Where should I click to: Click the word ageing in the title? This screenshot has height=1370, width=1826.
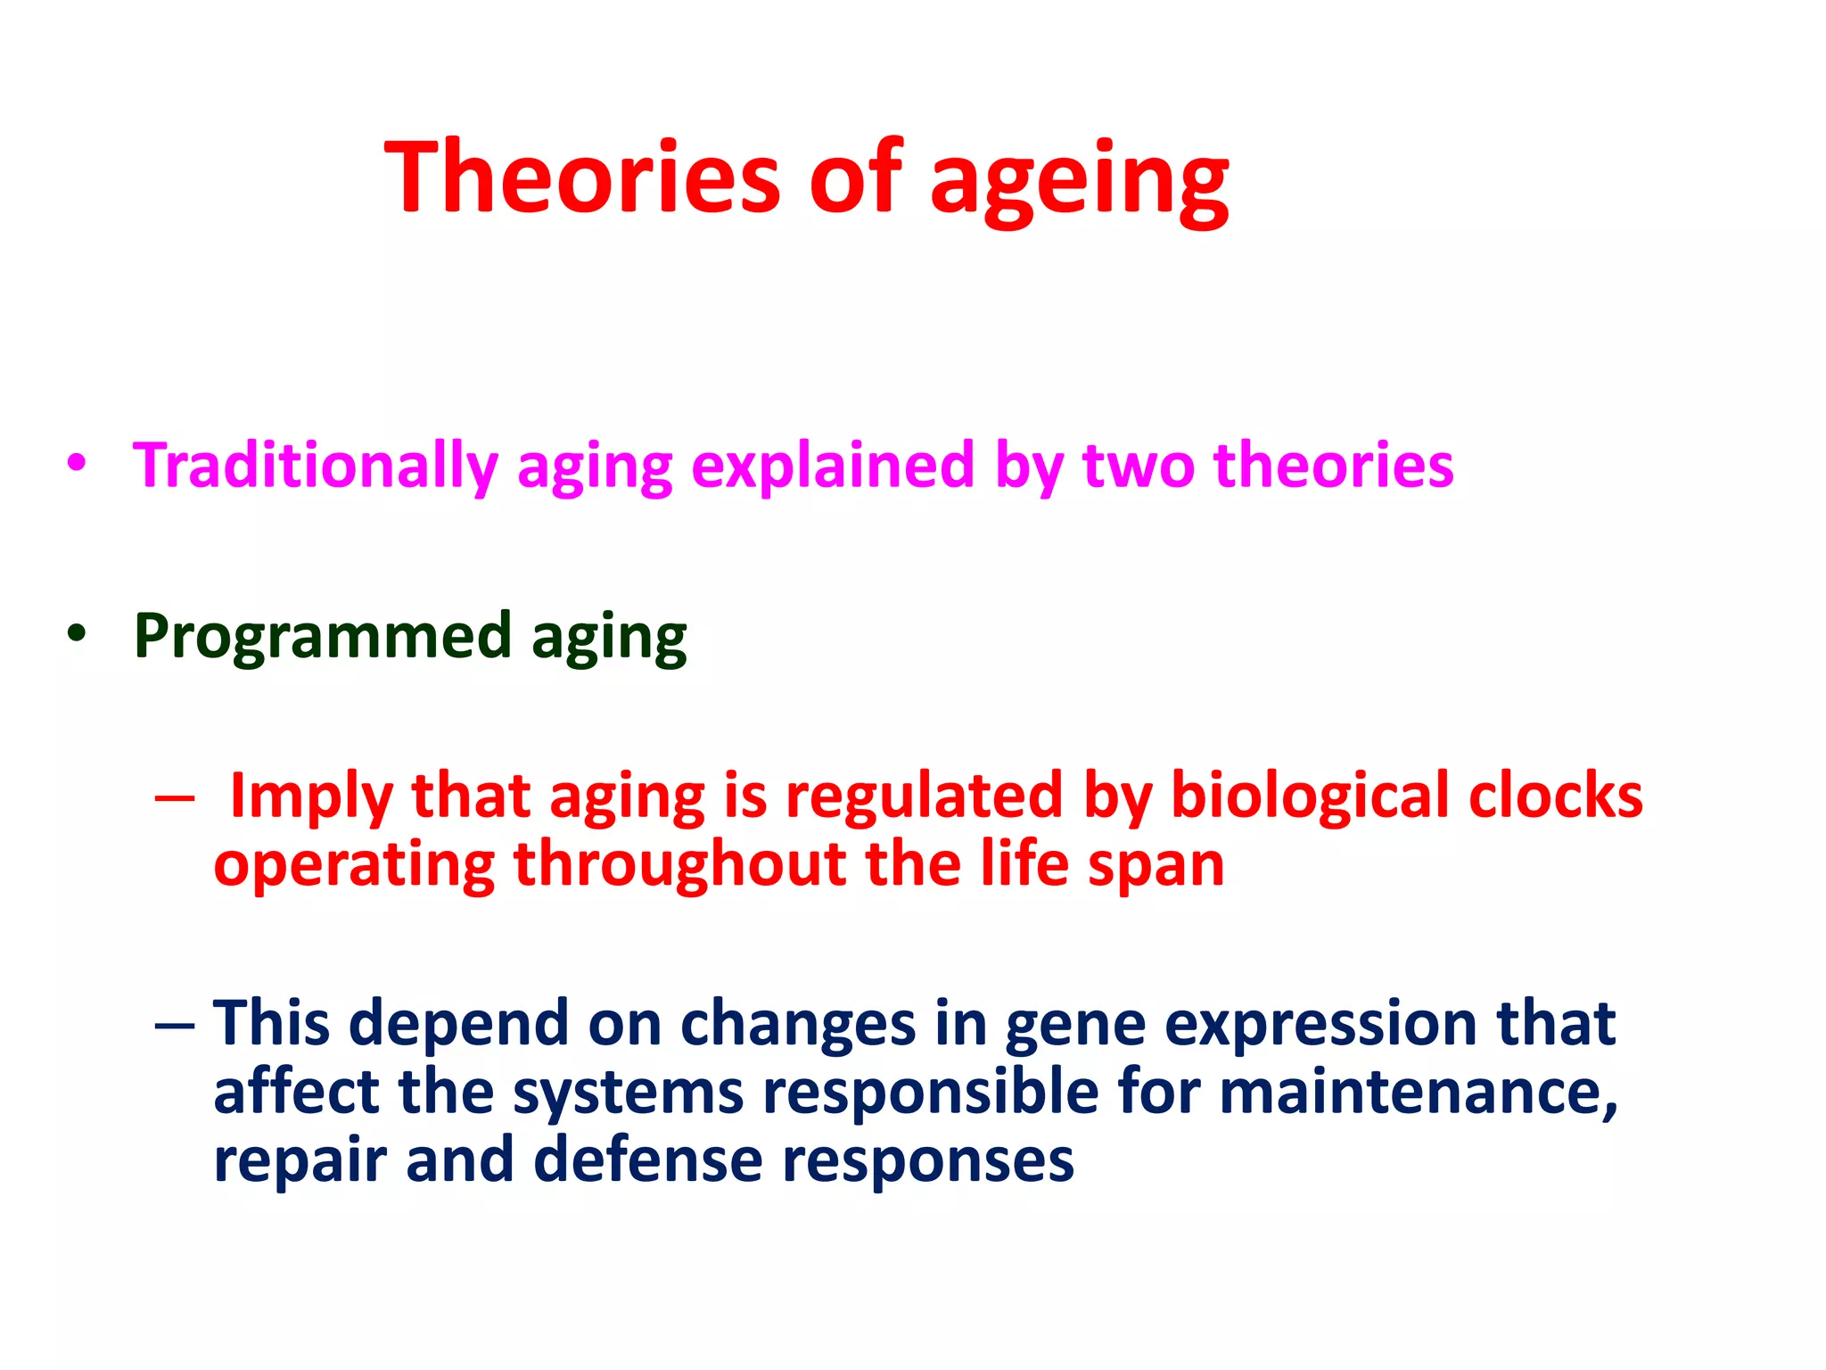[1079, 183]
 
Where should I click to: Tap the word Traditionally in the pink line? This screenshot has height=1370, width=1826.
[315, 467]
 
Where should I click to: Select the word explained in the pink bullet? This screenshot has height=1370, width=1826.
[833, 467]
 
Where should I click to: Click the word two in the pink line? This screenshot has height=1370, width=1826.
[1138, 466]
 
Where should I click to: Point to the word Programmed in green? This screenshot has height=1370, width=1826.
[323, 637]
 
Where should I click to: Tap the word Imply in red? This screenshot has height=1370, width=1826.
[310, 797]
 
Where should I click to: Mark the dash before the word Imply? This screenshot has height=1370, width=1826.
[174, 797]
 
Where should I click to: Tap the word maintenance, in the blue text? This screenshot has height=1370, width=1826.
[1418, 1094]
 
